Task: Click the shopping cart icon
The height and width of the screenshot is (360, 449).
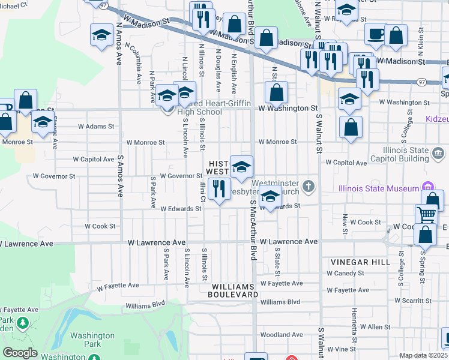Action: pos(426,214)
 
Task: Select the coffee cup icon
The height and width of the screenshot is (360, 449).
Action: pos(376,35)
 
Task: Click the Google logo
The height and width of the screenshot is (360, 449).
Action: pos(20,353)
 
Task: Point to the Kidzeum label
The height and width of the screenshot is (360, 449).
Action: pos(438,119)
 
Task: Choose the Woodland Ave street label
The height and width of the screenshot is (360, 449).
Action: pos(282,334)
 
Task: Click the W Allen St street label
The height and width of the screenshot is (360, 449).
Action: pos(375,327)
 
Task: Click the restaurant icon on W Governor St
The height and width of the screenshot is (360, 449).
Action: pos(219,187)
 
